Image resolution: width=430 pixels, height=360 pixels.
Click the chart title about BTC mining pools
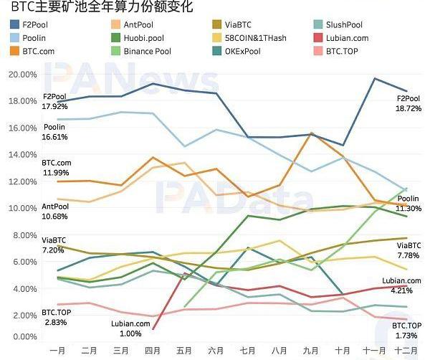point(92,9)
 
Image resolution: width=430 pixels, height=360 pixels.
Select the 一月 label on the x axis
point(59,351)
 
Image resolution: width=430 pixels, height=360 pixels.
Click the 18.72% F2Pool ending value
point(409,108)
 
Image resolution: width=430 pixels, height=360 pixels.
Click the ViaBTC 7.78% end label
point(409,255)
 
